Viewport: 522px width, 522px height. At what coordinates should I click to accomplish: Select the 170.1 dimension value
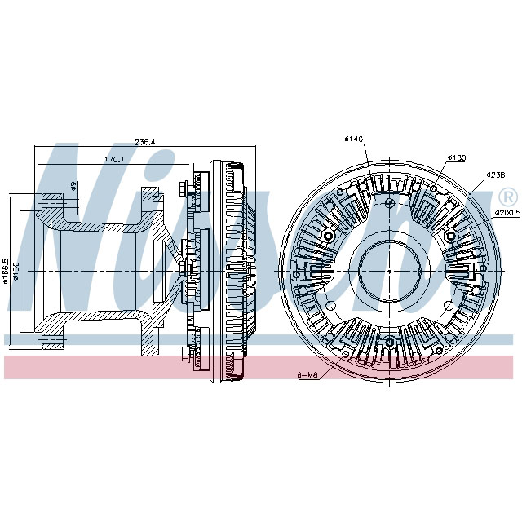pos(113,159)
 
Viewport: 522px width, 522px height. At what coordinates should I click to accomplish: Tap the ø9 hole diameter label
pos(73,186)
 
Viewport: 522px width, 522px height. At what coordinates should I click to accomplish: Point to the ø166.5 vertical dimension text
pos(7,270)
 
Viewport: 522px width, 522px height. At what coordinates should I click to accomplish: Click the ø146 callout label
pos(353,139)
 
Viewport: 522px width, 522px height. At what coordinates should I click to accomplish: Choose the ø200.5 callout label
pos(506,213)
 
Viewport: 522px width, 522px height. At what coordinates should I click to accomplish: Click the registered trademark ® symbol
pos(507,197)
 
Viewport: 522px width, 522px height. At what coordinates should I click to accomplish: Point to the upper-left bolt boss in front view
pos(329,236)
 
